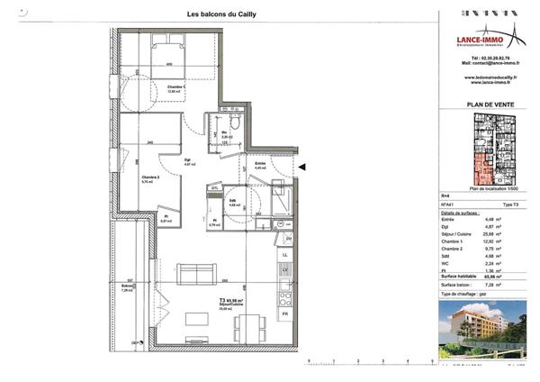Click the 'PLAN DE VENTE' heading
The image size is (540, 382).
487,105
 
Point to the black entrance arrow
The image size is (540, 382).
304,167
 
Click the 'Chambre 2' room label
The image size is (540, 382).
150,177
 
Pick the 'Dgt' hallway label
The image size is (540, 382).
189,160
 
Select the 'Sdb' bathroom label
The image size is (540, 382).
232,201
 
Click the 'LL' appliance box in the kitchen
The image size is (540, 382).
285,256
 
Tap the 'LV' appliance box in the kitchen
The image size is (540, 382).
285,270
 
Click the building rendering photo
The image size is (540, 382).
486,329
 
